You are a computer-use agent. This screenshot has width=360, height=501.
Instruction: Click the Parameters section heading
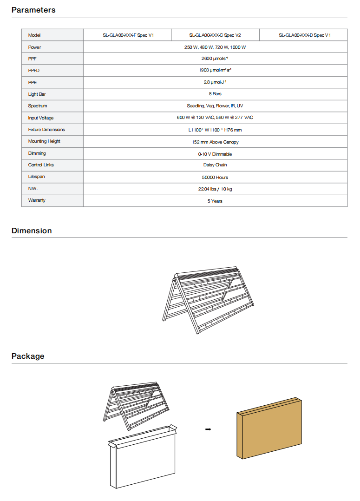pos(33,10)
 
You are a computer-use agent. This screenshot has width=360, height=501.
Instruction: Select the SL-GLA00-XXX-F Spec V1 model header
pos(128,35)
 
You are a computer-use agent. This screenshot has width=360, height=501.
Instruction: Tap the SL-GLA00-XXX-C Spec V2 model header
pos(215,35)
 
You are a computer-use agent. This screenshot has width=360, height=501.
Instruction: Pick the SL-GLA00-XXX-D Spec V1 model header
pos(305,35)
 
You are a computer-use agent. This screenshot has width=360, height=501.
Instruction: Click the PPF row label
pos(33,59)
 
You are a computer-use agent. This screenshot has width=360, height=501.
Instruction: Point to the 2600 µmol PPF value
pos(215,59)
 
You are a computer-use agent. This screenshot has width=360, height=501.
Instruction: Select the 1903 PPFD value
pos(215,71)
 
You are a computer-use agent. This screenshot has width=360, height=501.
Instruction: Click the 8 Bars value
pos(215,94)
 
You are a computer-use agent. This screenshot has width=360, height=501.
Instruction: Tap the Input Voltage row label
pos(40,118)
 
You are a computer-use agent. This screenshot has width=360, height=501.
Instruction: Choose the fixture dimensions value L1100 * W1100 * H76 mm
pos(215,130)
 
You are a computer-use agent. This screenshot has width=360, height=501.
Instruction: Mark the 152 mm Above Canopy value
pos(215,142)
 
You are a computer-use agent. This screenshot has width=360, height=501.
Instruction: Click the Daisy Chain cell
pos(215,165)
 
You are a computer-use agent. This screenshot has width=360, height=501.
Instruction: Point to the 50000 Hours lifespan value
pos(215,177)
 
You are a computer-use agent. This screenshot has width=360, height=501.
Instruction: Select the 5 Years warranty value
pos(215,201)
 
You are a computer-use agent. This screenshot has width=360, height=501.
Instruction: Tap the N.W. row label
pos(33,189)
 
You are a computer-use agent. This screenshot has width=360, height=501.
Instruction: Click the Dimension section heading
pos(32,231)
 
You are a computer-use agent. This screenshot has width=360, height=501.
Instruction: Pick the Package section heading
pos(28,356)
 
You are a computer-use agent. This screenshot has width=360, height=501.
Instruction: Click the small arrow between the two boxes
pos(208,429)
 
